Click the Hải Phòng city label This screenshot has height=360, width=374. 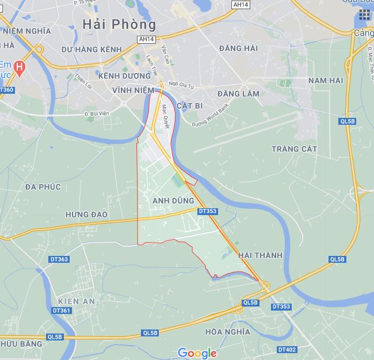coord(119,25)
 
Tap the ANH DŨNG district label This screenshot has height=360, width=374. coord(174,200)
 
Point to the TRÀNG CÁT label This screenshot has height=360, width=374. coord(294,149)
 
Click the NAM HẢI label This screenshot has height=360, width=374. coord(326,81)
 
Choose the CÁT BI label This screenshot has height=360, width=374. coord(190,106)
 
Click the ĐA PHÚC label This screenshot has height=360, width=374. coord(43,187)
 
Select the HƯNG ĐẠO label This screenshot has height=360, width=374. coord(87,214)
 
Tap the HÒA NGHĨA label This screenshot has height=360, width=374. coord(227,332)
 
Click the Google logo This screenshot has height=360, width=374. coord(197,353)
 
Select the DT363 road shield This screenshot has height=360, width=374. coord(59,259)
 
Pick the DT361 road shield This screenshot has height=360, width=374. coord(61,311)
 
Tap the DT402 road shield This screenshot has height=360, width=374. coord(287,349)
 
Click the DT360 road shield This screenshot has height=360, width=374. coord(6,90)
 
